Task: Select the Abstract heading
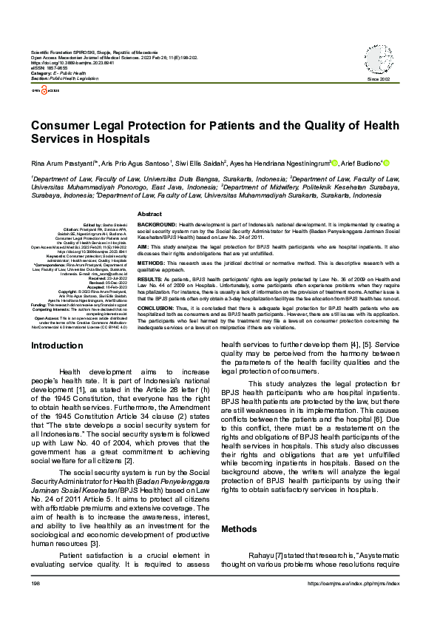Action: pos(150,213)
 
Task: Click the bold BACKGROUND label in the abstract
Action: pos(157,223)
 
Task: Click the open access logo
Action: pos(43,88)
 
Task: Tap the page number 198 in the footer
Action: pos(35,605)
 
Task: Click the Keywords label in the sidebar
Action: pos(53,256)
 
